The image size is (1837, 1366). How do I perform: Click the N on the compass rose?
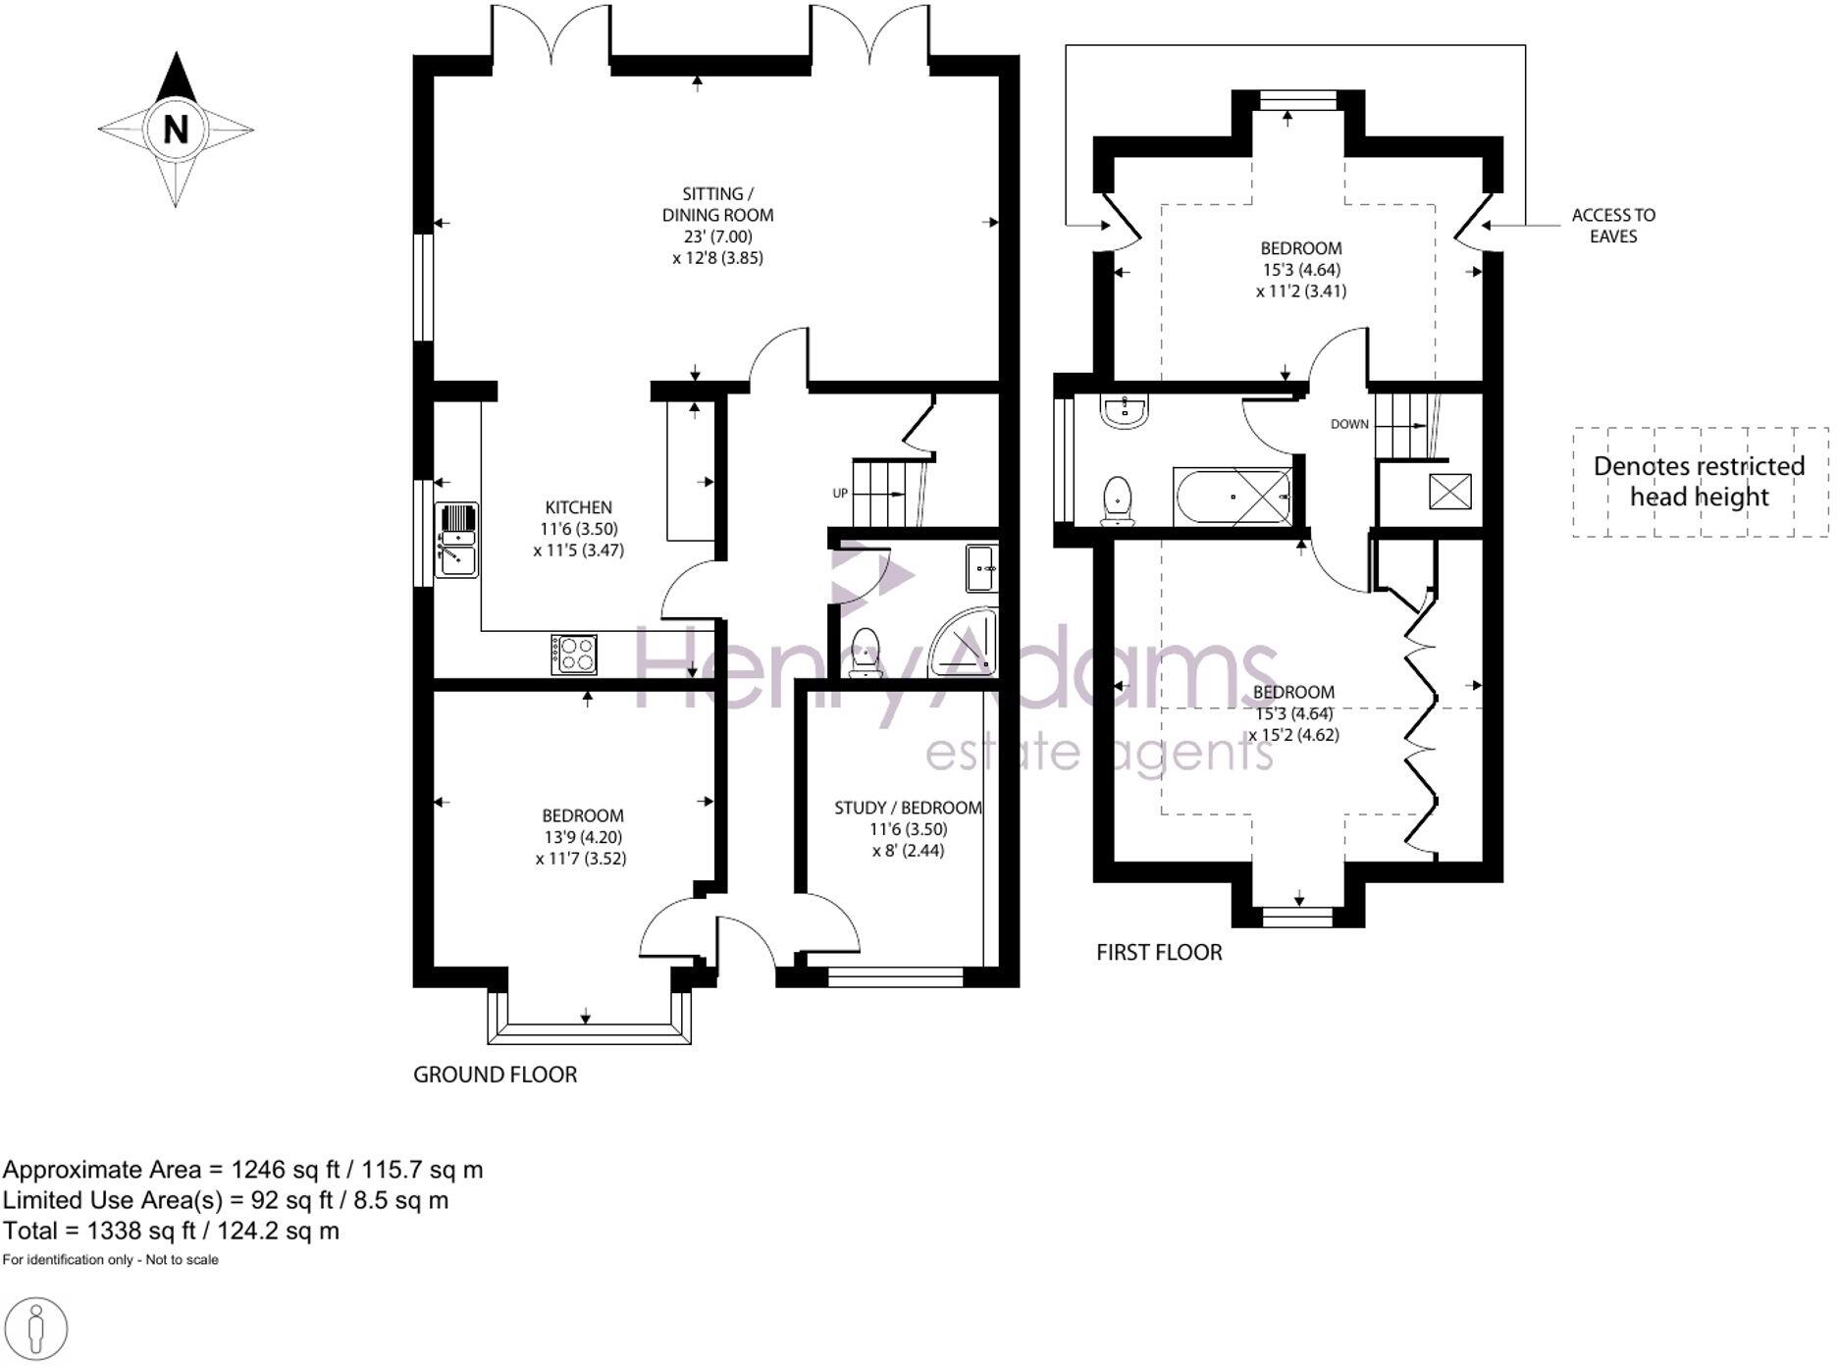pyautogui.click(x=176, y=129)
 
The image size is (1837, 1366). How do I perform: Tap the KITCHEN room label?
pyautogui.click(x=578, y=507)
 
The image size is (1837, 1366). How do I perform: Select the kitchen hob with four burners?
pyautogui.click(x=574, y=655)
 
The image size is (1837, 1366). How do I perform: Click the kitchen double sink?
pyautogui.click(x=456, y=539)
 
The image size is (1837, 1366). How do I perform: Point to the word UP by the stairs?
pyautogui.click(x=840, y=493)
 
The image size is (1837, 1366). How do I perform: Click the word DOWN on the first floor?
pyautogui.click(x=1349, y=424)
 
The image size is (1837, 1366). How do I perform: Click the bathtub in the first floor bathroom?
pyautogui.click(x=1233, y=497)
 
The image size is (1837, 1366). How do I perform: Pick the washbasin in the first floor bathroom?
pyautogui.click(x=1125, y=411)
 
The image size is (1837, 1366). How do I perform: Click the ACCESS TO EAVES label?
pyautogui.click(x=1612, y=226)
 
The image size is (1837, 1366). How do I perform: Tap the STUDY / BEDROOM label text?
pyautogui.click(x=908, y=808)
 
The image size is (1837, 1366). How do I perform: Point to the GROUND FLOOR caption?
pyautogui.click(x=495, y=1075)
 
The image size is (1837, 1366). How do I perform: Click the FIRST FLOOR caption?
pyautogui.click(x=1159, y=952)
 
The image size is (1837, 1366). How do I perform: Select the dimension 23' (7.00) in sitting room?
pyautogui.click(x=717, y=236)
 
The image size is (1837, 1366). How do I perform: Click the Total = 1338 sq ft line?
pyautogui.click(x=172, y=1231)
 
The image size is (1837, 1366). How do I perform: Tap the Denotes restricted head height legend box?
pyautogui.click(x=1700, y=482)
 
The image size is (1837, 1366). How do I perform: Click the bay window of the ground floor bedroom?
pyautogui.click(x=589, y=1028)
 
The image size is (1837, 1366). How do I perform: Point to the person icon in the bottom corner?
pyautogui.click(x=36, y=1330)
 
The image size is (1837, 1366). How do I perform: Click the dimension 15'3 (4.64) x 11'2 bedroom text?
pyautogui.click(x=1301, y=280)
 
